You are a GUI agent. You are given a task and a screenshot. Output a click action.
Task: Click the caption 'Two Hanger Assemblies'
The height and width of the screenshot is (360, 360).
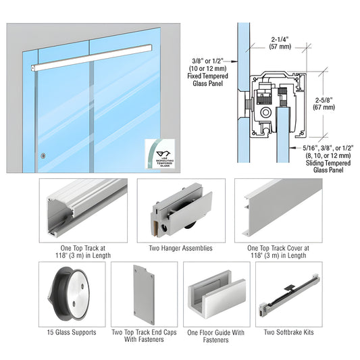(x=180, y=248)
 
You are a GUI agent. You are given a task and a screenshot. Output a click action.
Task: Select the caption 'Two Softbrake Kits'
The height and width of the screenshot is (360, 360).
(x=288, y=332)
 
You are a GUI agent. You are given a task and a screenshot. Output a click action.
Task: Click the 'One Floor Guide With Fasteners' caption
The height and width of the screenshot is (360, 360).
(x=214, y=336)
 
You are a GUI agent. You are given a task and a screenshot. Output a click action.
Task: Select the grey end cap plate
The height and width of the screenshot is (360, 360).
(x=143, y=294)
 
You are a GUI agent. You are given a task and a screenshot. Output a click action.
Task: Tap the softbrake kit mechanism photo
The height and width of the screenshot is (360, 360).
(x=289, y=294)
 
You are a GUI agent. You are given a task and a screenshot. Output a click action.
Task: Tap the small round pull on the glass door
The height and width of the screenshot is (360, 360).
(x=43, y=156)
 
